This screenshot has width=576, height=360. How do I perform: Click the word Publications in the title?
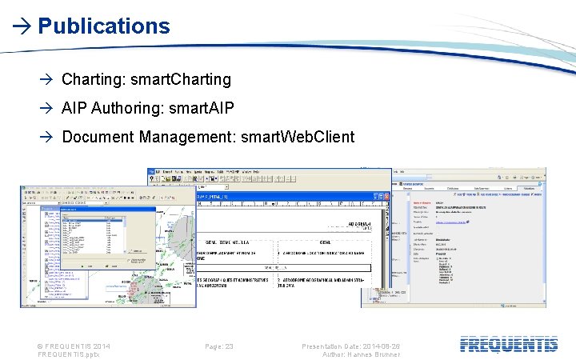click(x=104, y=26)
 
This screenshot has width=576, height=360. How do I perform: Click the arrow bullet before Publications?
click(x=21, y=26)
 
